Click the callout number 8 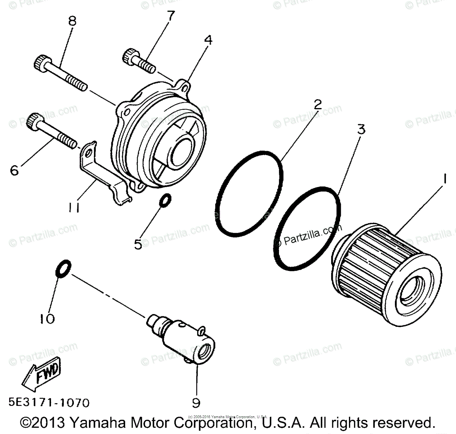point(72,21)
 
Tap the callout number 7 point(171,16)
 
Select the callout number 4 point(208,40)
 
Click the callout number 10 point(47,318)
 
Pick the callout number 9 point(196,403)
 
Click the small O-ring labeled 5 point(165,201)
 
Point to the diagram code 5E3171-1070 point(49,403)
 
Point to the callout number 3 point(361,130)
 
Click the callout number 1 point(445,179)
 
